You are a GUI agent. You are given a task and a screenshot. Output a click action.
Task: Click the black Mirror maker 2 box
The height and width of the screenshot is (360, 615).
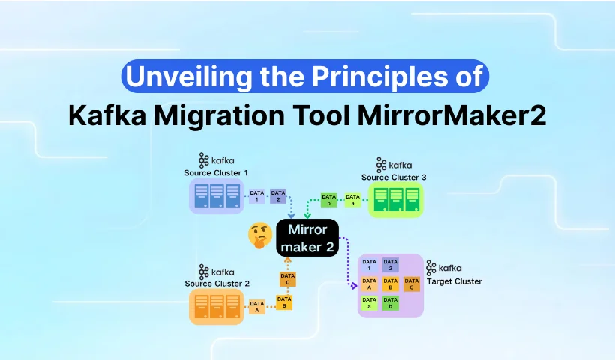click(x=307, y=238)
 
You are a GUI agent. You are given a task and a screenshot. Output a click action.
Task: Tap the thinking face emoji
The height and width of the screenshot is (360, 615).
click(x=260, y=235)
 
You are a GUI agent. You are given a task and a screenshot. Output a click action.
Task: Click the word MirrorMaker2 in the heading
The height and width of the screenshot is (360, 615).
click(x=451, y=115)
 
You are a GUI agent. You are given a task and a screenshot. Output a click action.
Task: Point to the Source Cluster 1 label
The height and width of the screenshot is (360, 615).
click(x=216, y=173)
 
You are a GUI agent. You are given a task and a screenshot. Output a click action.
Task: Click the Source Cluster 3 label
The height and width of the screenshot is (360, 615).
click(x=394, y=177)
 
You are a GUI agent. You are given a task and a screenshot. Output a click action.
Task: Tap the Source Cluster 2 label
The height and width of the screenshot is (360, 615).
click(x=217, y=283)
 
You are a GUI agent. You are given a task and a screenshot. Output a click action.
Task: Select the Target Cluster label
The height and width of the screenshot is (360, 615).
click(x=454, y=281)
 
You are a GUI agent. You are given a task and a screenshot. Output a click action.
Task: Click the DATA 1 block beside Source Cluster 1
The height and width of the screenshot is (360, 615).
click(x=257, y=196)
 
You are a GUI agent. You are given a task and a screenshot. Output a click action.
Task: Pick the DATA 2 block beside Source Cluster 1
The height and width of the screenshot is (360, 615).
click(x=278, y=196)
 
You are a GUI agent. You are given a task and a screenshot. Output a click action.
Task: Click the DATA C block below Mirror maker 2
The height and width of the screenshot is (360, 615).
click(x=288, y=279)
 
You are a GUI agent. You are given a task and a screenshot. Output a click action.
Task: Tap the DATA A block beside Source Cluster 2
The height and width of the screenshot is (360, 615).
click(x=257, y=307)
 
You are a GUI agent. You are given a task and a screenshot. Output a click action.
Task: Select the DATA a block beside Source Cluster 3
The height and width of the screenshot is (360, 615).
click(x=352, y=200)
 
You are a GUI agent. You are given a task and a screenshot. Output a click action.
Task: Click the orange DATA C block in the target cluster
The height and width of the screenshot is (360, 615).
click(x=412, y=284)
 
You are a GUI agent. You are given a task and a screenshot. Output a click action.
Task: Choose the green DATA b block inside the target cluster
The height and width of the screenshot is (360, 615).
click(x=390, y=303)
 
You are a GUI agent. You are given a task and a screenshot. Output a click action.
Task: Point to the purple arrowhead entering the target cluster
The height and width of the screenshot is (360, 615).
click(x=354, y=286)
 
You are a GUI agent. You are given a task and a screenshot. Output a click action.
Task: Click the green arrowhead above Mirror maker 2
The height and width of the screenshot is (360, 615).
click(x=307, y=215)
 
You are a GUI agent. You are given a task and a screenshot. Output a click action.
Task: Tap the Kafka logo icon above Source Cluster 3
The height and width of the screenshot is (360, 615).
click(x=381, y=165)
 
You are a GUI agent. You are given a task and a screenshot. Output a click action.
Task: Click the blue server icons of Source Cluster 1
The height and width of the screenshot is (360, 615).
click(x=217, y=196)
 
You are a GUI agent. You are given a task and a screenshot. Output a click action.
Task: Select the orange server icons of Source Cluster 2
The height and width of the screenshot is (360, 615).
click(x=217, y=307)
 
